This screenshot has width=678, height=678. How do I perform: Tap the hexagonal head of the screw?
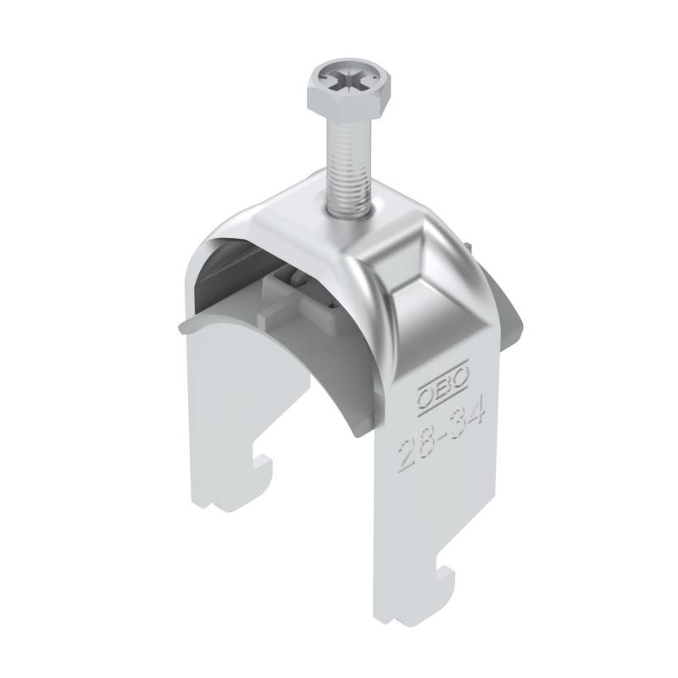(x=348, y=90)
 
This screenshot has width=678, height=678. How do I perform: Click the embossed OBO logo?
(x=442, y=382)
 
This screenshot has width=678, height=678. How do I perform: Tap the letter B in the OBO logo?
(x=443, y=382)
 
